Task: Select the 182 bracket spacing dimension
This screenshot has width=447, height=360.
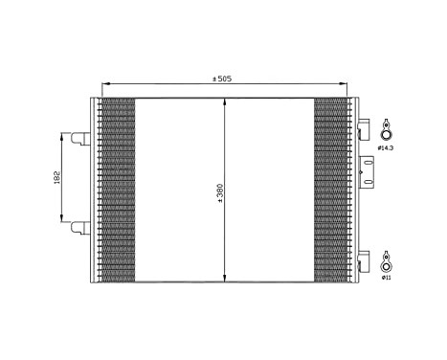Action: (56, 178)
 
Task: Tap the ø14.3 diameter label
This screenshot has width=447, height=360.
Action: (386, 148)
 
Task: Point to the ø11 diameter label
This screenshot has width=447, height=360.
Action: (386, 278)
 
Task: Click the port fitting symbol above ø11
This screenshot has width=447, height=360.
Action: (385, 260)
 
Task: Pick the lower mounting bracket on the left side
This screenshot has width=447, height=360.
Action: (80, 226)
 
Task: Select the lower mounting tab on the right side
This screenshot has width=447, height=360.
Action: (364, 258)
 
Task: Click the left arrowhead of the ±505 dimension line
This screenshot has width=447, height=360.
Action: (104, 84)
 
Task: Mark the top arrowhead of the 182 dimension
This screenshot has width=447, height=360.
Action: (64, 136)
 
